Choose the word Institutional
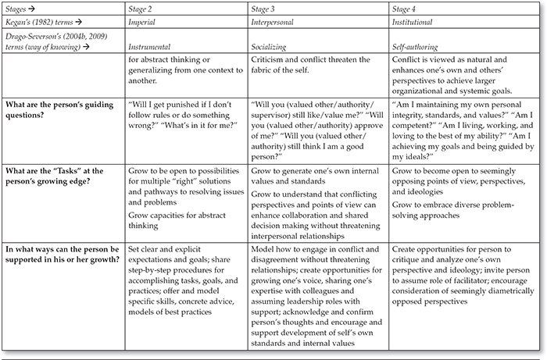click(413, 24)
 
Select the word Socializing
click(272, 47)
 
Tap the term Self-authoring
click(415, 47)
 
